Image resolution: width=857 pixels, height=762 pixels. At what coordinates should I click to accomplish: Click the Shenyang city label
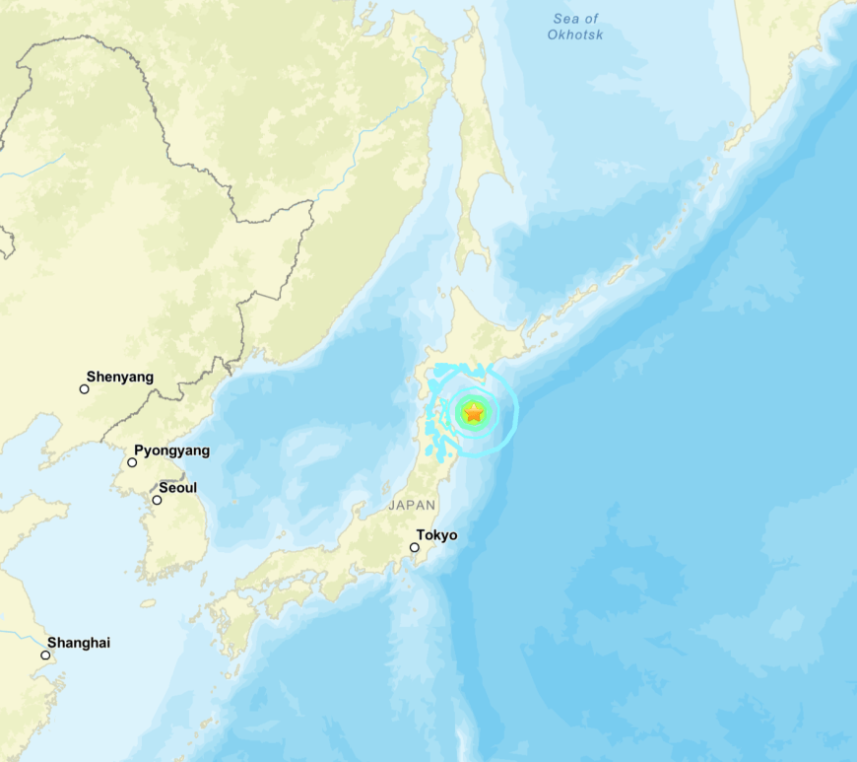[x=119, y=377]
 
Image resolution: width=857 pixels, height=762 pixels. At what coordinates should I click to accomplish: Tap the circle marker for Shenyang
[x=84, y=389]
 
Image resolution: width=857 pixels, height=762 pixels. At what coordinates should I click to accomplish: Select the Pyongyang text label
[x=171, y=450]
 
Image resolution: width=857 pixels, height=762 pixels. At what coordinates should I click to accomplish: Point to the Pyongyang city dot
[x=132, y=462]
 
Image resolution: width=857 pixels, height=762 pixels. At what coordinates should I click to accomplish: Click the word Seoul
[x=177, y=488]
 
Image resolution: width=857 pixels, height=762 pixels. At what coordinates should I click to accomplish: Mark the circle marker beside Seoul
[x=156, y=500]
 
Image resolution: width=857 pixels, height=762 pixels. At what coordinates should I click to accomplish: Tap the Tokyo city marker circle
[x=415, y=547]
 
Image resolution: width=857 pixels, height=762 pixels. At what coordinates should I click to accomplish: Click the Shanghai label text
[x=79, y=643]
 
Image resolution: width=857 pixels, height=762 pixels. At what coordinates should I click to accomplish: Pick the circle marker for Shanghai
[x=45, y=655]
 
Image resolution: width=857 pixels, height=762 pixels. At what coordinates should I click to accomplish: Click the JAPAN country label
[x=411, y=505]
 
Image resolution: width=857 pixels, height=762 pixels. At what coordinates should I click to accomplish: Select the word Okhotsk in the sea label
[x=575, y=35]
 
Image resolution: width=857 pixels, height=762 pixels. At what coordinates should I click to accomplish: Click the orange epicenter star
[x=474, y=413]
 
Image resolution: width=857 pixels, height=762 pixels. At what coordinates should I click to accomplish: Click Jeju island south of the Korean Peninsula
[x=148, y=602]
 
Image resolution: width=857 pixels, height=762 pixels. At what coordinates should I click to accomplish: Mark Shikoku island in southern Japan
[x=285, y=596]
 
